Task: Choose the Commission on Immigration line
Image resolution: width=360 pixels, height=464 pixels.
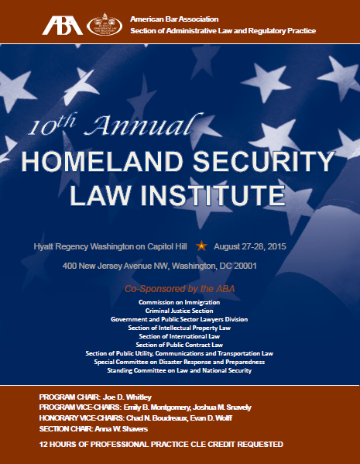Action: (180, 301)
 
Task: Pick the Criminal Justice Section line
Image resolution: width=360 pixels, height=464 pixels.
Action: (180, 310)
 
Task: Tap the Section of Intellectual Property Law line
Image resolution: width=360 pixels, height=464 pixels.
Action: (180, 328)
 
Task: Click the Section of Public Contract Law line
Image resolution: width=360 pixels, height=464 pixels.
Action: (180, 345)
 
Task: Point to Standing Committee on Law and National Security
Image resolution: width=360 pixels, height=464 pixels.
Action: (180, 371)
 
